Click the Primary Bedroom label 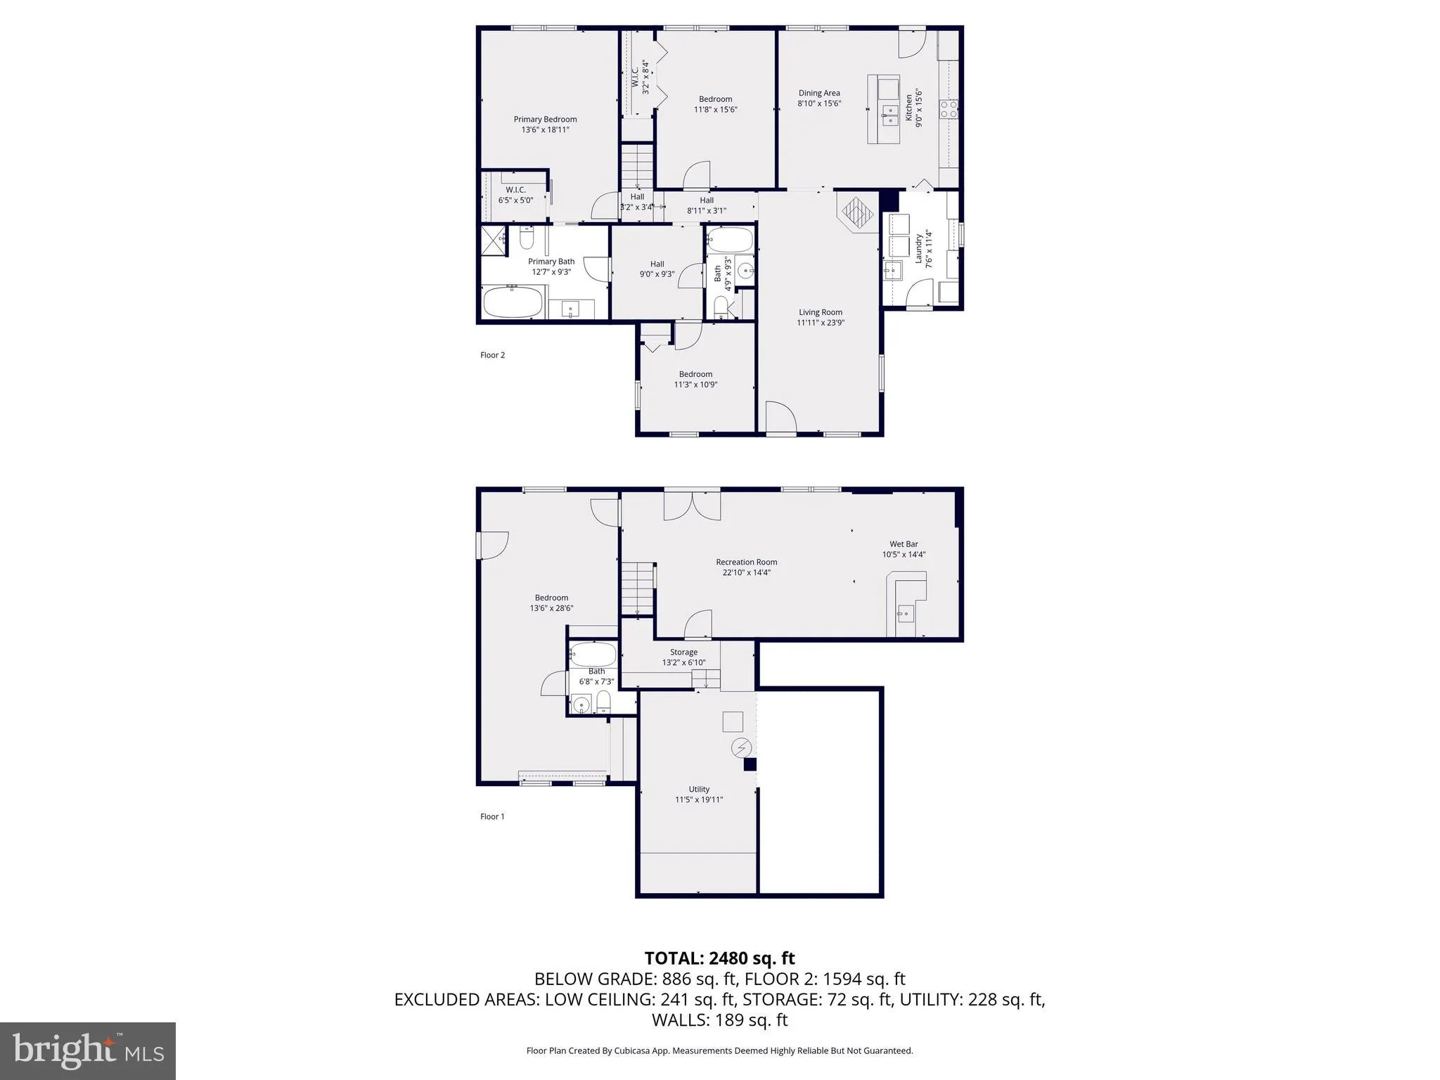click(545, 120)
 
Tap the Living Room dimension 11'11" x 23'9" click(820, 323)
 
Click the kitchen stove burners click(948, 109)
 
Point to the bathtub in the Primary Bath click(513, 302)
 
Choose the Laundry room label click(918, 248)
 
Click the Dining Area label click(819, 93)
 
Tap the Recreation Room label click(746, 562)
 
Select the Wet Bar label click(904, 544)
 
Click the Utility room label click(699, 789)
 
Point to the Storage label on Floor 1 click(683, 652)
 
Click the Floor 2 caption click(492, 355)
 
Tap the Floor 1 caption click(492, 816)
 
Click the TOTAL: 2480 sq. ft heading click(719, 958)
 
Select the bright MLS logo click(88, 1050)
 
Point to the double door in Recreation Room click(693, 505)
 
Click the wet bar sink click(905, 614)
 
